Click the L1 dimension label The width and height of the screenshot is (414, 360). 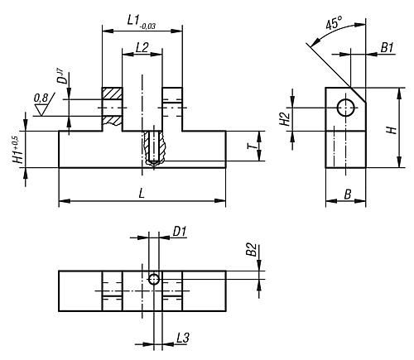(133, 21)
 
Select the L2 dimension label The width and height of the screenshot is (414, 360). (142, 47)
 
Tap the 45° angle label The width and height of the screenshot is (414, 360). (334, 22)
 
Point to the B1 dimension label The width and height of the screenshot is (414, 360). (387, 47)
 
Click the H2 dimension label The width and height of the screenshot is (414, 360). (285, 119)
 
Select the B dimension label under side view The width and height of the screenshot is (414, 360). (347, 194)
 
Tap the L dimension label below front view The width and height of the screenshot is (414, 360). (142, 194)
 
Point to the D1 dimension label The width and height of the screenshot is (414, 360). (180, 232)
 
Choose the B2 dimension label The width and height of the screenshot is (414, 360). (252, 250)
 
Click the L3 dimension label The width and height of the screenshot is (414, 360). (183, 338)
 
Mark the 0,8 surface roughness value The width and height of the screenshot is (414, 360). (41, 98)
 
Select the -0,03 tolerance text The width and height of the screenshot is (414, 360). (147, 26)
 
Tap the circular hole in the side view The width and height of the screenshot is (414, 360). (346, 108)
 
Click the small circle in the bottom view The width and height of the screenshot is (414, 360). (154, 280)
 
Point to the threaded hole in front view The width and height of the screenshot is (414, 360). (153, 147)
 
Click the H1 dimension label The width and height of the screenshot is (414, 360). (19, 151)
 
